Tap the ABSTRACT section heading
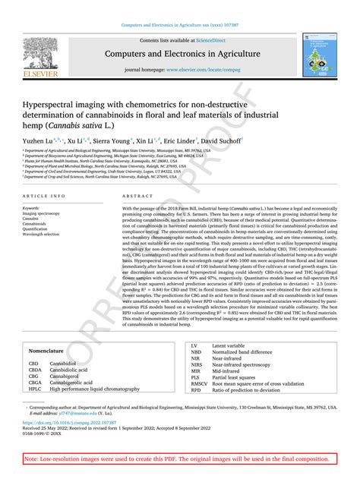pos(132,196)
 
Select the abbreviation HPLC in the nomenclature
pos(35,389)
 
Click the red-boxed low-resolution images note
pos(180,459)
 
